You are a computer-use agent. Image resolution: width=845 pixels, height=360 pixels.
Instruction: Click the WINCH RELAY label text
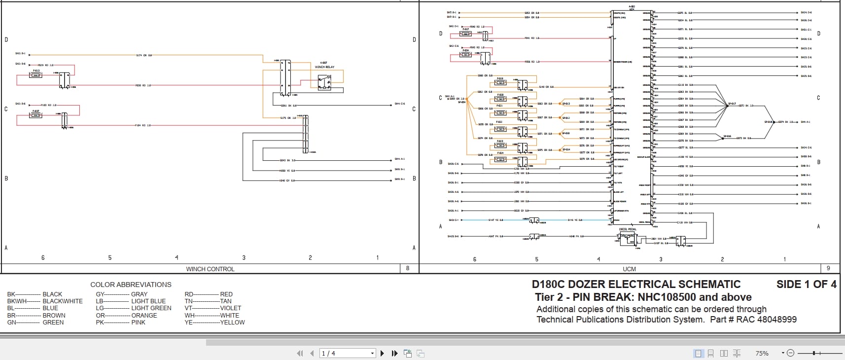[324, 67]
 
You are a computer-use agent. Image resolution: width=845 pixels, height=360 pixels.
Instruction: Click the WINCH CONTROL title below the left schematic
[210, 269]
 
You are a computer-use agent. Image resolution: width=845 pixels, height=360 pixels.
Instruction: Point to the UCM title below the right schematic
[629, 269]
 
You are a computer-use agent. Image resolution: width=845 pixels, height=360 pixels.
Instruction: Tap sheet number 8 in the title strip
[408, 268]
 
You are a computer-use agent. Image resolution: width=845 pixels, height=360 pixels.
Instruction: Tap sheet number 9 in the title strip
[828, 268]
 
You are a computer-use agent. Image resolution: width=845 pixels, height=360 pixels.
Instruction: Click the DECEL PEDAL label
[628, 229]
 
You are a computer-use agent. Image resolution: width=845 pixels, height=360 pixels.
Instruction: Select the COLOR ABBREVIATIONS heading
[131, 285]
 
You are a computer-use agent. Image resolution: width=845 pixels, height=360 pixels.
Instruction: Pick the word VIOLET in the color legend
[231, 308]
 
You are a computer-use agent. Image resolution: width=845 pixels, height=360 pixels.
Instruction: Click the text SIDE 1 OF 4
[806, 285]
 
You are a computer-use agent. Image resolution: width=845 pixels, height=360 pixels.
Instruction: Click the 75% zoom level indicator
[762, 353]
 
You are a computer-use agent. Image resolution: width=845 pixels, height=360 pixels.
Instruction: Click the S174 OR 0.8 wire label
[144, 55]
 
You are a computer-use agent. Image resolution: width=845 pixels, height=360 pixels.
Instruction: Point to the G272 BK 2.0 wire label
[746, 106]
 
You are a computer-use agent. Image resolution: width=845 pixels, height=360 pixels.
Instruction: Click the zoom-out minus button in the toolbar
[790, 353]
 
